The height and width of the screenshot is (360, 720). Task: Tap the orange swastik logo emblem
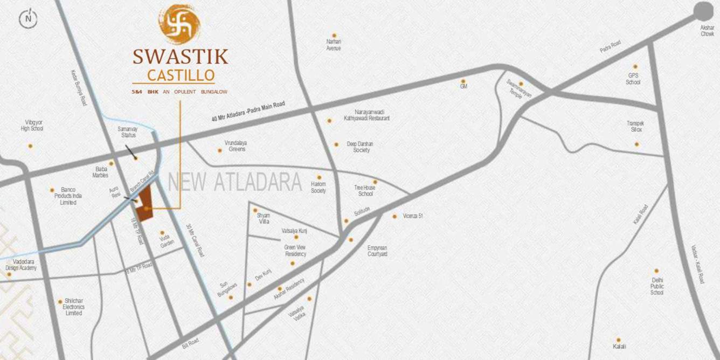click(179, 24)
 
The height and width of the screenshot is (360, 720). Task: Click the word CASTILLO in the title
click(181, 74)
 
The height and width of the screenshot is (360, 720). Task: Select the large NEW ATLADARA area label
click(235, 182)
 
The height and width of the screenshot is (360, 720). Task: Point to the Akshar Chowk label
click(707, 31)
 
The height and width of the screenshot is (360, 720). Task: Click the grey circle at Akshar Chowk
click(703, 11)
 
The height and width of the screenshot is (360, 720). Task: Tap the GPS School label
click(633, 79)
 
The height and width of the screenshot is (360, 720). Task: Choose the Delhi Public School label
click(656, 286)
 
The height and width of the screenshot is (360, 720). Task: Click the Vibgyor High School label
click(32, 126)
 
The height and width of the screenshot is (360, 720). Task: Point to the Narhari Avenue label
click(334, 45)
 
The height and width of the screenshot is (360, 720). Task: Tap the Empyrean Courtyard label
click(377, 251)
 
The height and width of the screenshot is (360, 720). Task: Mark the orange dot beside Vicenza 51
click(394, 216)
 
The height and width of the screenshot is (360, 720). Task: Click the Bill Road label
click(190, 343)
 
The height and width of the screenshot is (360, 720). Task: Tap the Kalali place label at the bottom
click(619, 346)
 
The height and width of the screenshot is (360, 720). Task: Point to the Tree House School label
click(365, 190)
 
